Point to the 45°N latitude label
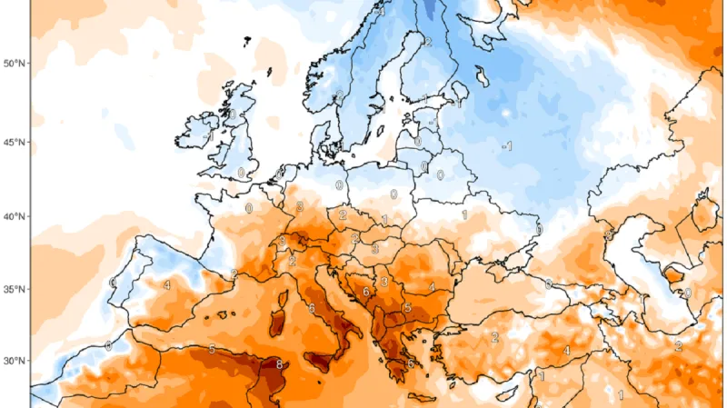pyautogui.click(x=15, y=143)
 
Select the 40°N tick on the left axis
pyautogui.click(x=15, y=217)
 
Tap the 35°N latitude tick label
pyautogui.click(x=15, y=290)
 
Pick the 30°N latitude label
pyautogui.click(x=15, y=361)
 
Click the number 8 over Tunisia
pyautogui.click(x=279, y=365)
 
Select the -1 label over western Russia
pyautogui.click(x=508, y=146)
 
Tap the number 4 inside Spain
pyautogui.click(x=167, y=285)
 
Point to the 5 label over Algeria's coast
pyautogui.click(x=212, y=350)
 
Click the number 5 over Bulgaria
pyautogui.click(x=408, y=308)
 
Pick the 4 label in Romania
pyautogui.click(x=432, y=288)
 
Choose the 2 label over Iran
pyautogui.click(x=678, y=346)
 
